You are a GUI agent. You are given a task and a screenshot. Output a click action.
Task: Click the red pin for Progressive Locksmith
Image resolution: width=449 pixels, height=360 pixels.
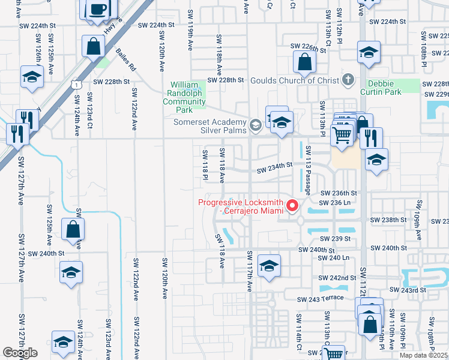point(293,206)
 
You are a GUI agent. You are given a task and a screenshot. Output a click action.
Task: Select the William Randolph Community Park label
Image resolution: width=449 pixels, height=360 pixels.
point(185,97)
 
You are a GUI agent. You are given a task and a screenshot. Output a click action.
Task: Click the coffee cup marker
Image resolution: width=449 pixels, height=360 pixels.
point(98,10)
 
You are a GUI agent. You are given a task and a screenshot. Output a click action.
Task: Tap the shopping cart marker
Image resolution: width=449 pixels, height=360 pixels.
point(342,136)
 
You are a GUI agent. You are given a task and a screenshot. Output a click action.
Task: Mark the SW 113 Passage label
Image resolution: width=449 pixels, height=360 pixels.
point(307,170)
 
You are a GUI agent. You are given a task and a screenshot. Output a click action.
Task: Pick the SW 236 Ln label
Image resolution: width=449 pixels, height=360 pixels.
point(334,203)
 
